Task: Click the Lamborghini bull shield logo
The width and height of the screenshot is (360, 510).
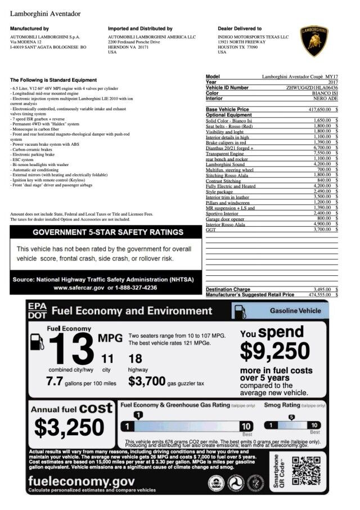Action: pyautogui.click(x=314, y=41)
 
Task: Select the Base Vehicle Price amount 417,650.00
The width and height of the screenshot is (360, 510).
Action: pyautogui.click(x=319, y=109)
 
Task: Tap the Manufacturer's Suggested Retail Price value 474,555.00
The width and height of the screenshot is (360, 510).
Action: pyautogui.click(x=319, y=294)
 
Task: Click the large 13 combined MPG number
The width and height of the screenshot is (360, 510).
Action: pyautogui.click(x=71, y=349)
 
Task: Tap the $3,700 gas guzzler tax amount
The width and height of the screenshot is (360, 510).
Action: pyautogui.click(x=146, y=382)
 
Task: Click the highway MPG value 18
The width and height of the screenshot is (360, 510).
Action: pyautogui.click(x=135, y=359)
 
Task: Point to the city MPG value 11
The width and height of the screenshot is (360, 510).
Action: pyautogui.click(x=107, y=359)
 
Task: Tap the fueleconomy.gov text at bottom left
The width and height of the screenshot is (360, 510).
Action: pyautogui.click(x=81, y=481)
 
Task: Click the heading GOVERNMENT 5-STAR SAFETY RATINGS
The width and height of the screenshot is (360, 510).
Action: pyautogui.click(x=107, y=232)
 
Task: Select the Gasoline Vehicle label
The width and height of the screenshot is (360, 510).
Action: pyautogui.click(x=295, y=311)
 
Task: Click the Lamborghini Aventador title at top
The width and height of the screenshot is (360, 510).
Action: pyautogui.click(x=45, y=14)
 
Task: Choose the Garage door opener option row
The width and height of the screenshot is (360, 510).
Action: pyautogui.click(x=225, y=219)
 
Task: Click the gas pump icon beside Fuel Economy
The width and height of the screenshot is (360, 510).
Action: pyautogui.click(x=37, y=341)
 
